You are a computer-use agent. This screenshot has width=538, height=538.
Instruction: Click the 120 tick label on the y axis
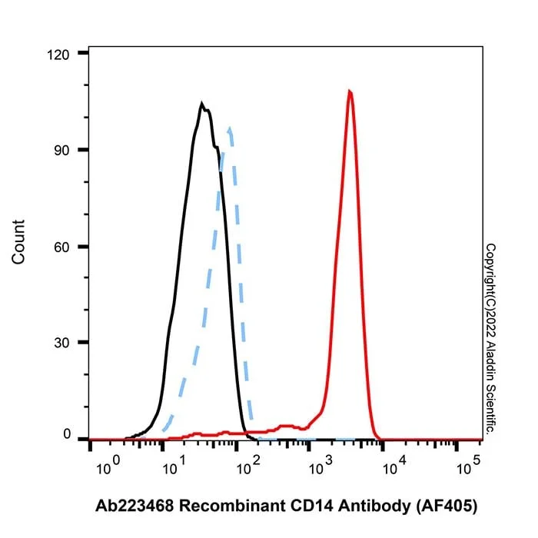[x=58, y=55]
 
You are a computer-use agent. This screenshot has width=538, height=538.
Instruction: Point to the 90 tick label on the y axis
[x=61, y=151]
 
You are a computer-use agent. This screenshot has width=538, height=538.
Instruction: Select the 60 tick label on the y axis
[x=61, y=247]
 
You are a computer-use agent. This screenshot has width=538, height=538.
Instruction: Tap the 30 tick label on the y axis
[x=61, y=343]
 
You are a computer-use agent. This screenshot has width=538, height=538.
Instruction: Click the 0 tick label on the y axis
[x=67, y=434]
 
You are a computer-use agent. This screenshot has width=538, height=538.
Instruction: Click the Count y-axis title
[x=18, y=242]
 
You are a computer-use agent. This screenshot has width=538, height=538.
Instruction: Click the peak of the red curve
[x=350, y=91]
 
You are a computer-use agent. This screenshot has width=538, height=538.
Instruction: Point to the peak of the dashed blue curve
[x=230, y=128]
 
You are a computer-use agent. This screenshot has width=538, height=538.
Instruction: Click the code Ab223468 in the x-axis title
[x=134, y=506]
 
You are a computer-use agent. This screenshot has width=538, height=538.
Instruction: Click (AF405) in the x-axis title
[x=447, y=506]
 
